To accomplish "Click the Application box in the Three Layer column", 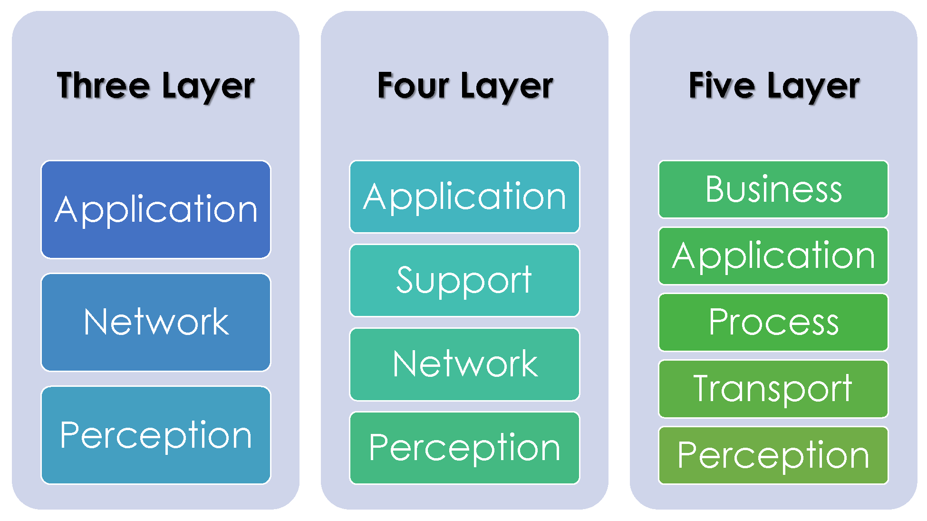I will tap(156, 210).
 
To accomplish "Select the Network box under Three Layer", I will tap(156, 322).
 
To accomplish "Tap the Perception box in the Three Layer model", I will tap(156, 435).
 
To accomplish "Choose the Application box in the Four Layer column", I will tap(464, 197).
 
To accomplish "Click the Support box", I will tap(464, 280).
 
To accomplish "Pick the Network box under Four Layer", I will tap(464, 364).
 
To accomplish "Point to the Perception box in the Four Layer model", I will tap(464, 448).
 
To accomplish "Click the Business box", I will tap(773, 189).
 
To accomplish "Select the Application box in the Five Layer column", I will tap(773, 256).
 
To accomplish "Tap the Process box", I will tap(773, 322).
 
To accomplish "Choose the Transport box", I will tap(773, 389).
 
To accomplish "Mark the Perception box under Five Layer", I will tap(773, 455).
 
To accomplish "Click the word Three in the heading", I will tap(103, 86).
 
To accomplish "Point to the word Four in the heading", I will tap(413, 86).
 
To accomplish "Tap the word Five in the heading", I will tap(721, 86).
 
